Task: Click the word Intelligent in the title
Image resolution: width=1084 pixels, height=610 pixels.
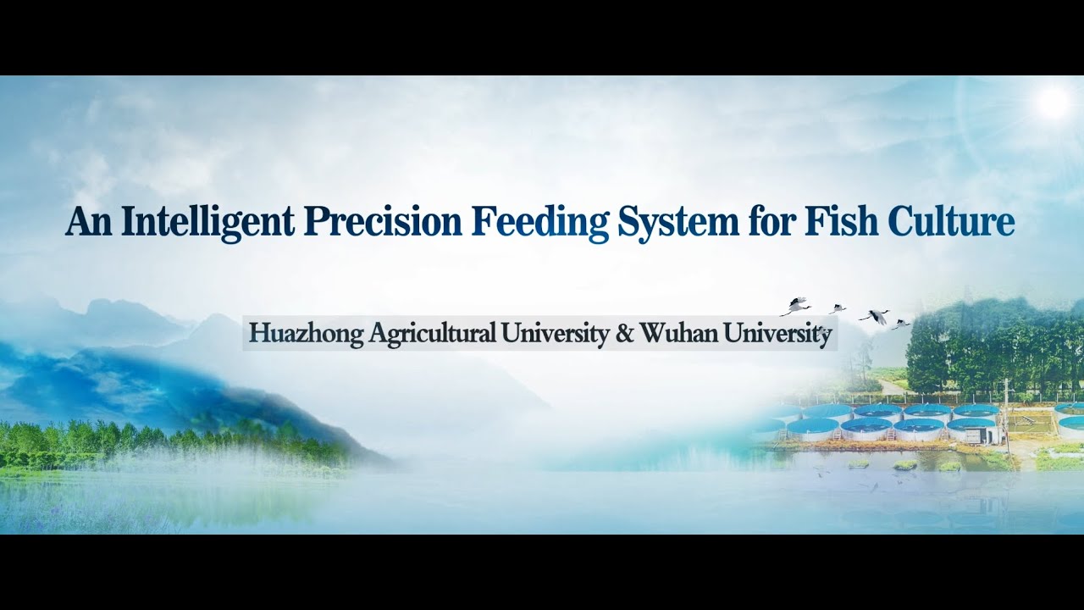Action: (207, 222)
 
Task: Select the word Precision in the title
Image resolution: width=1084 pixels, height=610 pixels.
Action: (383, 222)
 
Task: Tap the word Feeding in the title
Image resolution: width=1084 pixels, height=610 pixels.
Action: (539, 222)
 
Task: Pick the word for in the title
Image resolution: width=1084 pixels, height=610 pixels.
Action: (768, 222)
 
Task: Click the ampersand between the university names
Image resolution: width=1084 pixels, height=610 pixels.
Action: (625, 334)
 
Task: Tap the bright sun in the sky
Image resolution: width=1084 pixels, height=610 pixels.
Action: (1054, 103)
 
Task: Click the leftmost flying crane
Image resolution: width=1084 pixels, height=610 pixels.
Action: (796, 305)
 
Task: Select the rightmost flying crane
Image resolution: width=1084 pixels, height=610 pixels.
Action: (901, 323)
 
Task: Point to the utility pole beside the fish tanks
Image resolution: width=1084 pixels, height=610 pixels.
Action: (1006, 407)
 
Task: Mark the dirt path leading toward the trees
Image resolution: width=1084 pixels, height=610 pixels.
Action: (891, 387)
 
